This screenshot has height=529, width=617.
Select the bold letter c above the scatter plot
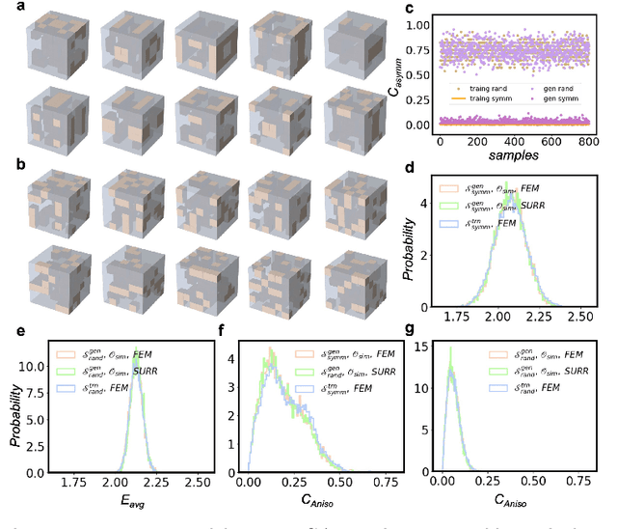(x=410, y=9)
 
